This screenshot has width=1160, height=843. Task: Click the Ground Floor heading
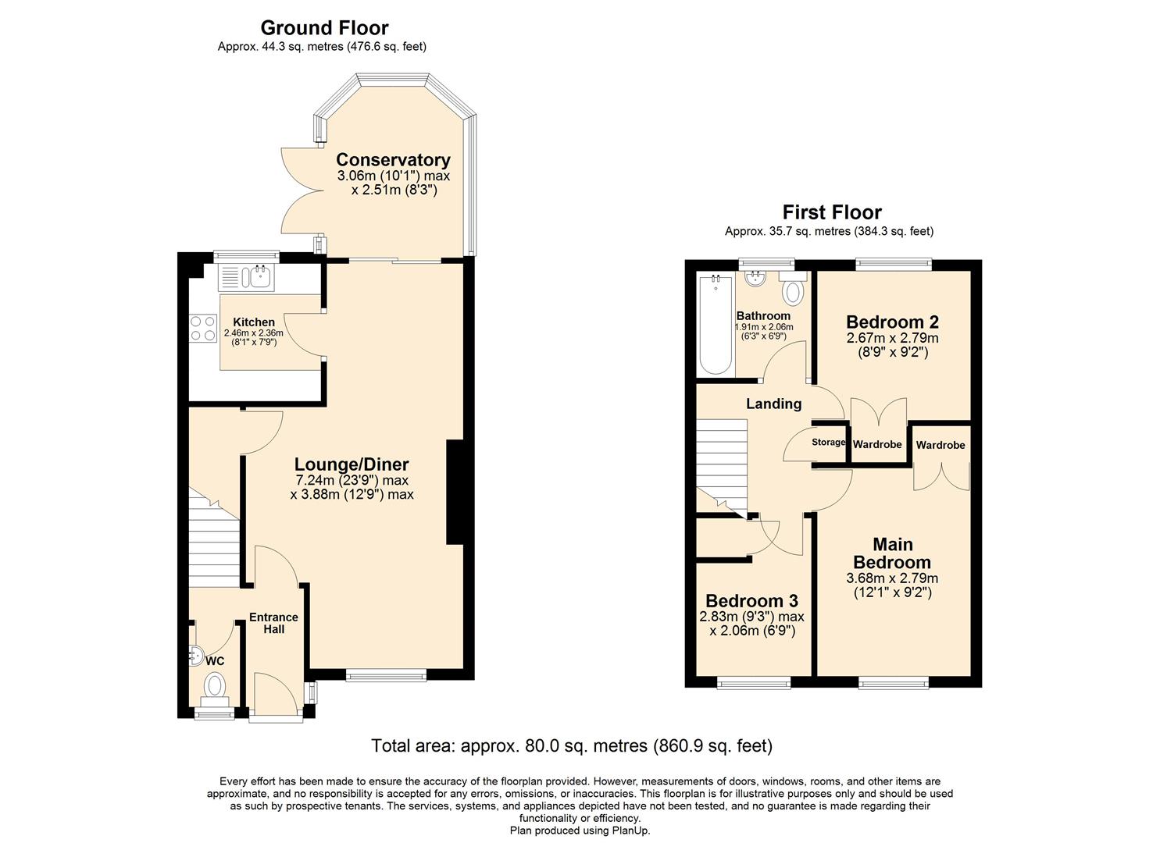[324, 28]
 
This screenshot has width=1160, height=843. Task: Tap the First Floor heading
[832, 212]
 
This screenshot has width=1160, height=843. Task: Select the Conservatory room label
[393, 160]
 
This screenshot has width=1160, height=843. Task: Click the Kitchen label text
[254, 322]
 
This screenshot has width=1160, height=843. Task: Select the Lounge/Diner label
[352, 465]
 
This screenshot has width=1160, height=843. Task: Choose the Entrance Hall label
[273, 623]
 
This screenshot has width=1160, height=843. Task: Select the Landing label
[773, 404]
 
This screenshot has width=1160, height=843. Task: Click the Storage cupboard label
[828, 443]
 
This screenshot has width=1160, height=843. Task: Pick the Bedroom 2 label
[892, 322]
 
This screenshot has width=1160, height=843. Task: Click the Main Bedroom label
[892, 553]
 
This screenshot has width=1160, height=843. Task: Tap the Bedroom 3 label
[751, 601]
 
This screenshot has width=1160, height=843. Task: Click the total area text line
[572, 745]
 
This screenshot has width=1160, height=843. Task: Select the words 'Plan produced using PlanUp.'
[580, 831]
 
